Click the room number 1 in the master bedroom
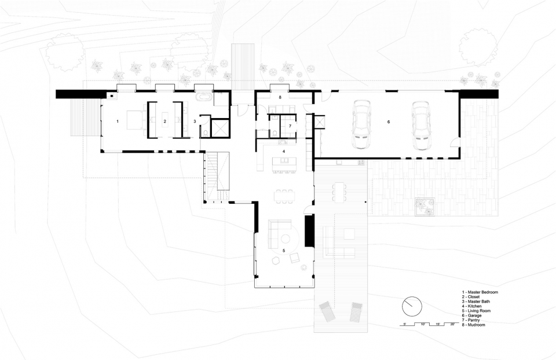tap(118, 121)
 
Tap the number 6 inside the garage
tap(389, 122)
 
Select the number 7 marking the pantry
tap(290, 126)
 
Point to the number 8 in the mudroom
tap(280, 97)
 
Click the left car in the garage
tap(361, 124)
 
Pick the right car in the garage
tap(421, 126)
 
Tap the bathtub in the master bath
tap(203, 97)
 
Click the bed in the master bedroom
tap(134, 122)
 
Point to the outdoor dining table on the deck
tap(339, 192)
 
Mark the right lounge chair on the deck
tap(356, 312)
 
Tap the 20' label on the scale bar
tap(452, 324)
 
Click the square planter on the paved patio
tap(425, 206)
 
